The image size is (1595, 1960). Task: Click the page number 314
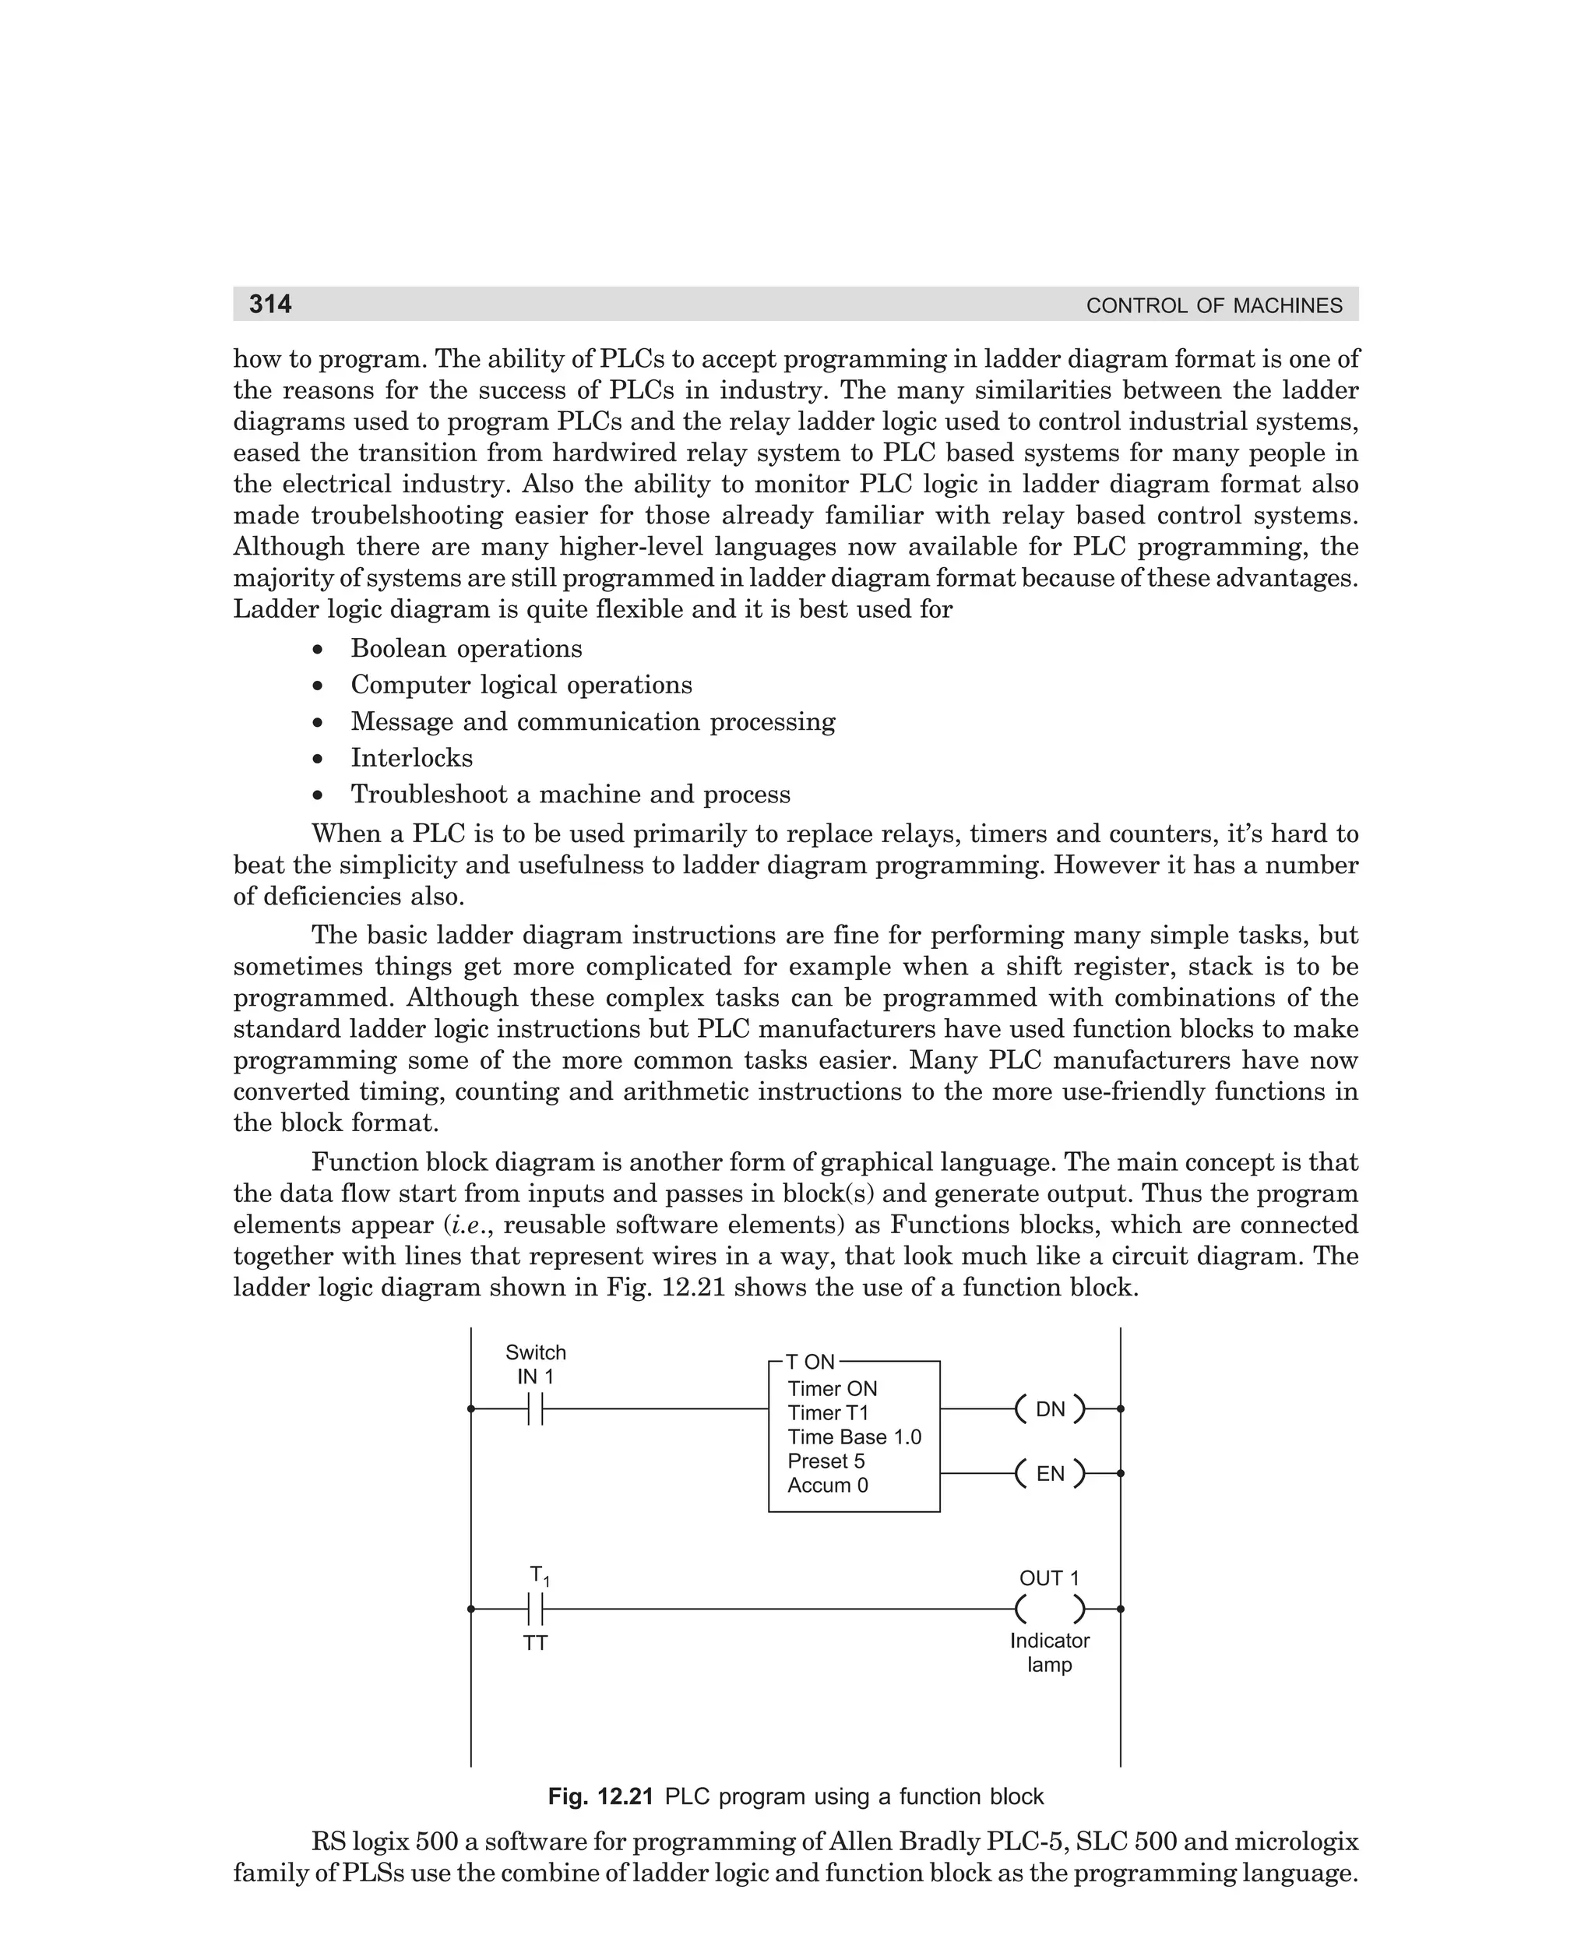pos(270,304)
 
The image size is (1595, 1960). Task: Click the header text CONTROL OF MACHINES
pos(1213,306)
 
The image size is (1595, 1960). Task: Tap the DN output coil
pos(1050,1409)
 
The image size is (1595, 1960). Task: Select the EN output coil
pos(1050,1474)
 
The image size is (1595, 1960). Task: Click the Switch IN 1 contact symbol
pos(536,1408)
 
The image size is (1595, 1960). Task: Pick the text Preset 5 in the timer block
pos(826,1461)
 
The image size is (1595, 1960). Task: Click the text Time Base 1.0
pos(854,1437)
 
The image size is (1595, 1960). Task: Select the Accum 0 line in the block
pos(827,1485)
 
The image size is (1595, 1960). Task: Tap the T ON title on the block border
pos(811,1362)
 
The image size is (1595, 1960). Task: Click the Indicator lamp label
pos(1049,1653)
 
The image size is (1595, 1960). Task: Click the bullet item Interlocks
pos(412,758)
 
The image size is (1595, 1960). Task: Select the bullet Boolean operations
pos(466,649)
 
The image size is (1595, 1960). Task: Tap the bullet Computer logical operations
pos(521,686)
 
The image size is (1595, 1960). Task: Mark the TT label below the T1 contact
pos(536,1643)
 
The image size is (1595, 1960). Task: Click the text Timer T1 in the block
pos(827,1413)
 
